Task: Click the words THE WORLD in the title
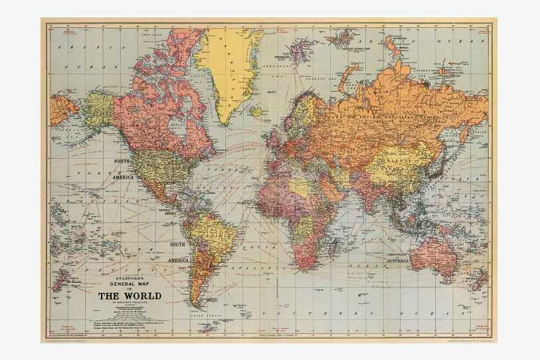[x=129, y=296]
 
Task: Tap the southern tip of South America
[x=196, y=306]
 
